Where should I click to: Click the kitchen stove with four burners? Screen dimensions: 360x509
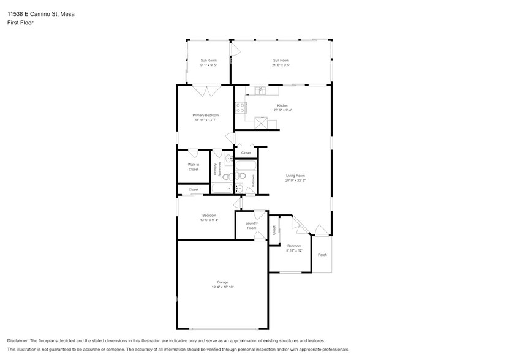click(241, 108)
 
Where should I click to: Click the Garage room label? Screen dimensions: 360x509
click(223, 282)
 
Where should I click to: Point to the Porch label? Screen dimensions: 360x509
click(322, 255)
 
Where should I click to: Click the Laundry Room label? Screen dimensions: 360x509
click(251, 225)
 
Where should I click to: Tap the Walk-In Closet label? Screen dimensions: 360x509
click(194, 167)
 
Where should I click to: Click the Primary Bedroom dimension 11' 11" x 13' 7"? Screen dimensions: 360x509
click(205, 120)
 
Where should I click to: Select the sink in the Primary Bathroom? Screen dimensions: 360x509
click(228, 160)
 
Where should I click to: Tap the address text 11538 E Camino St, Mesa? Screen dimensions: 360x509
click(37, 13)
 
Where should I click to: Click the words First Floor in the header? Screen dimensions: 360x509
click(20, 22)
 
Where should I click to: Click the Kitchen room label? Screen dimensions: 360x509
click(282, 105)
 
